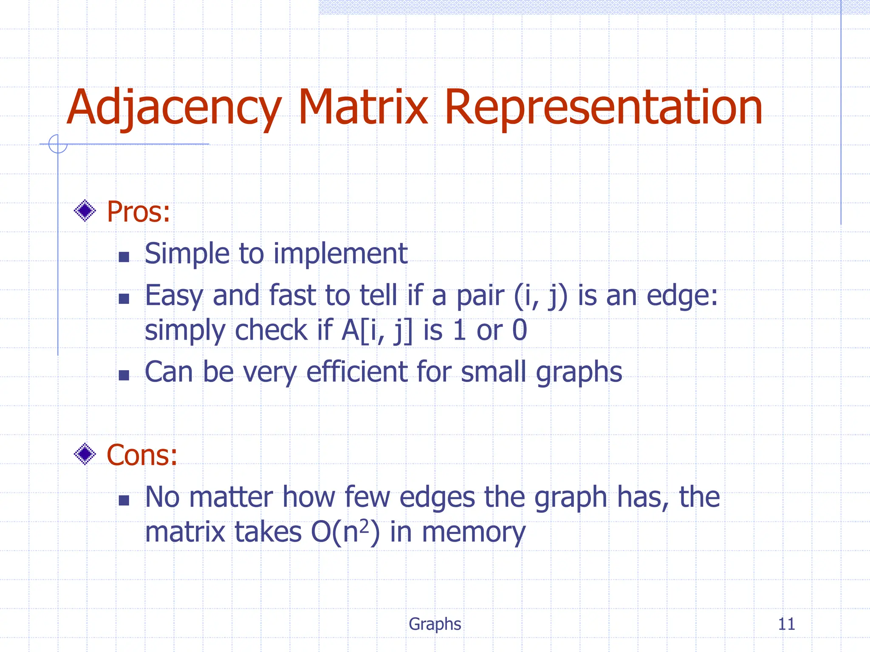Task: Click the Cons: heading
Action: (x=141, y=455)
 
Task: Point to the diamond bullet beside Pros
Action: (x=85, y=211)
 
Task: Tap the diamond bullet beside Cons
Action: (x=85, y=454)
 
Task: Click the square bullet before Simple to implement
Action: (x=124, y=257)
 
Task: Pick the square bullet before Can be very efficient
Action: (x=124, y=375)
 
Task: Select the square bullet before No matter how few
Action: (x=124, y=500)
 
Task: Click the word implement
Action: (x=340, y=254)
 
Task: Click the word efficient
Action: (x=357, y=372)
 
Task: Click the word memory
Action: (x=474, y=532)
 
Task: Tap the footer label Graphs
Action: (x=435, y=624)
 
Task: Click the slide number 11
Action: (x=786, y=624)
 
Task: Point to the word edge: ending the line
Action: (x=682, y=296)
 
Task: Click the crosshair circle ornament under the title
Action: (x=58, y=144)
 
